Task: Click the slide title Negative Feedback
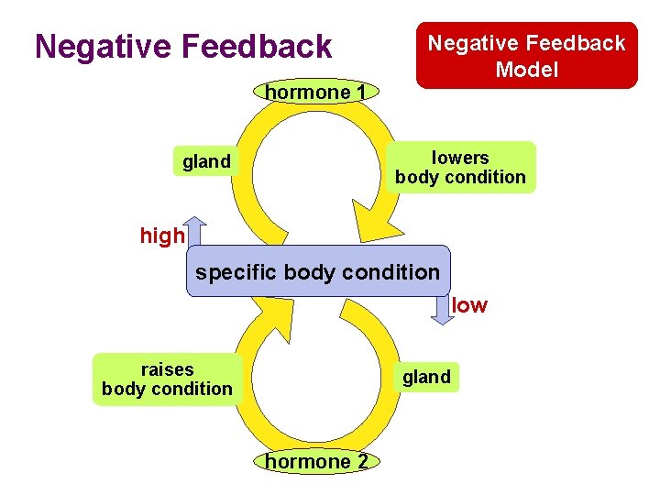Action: tap(183, 46)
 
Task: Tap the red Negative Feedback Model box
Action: tap(526, 55)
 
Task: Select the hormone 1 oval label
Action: tap(315, 92)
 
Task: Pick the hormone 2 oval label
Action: tap(316, 462)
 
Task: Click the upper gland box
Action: tap(206, 162)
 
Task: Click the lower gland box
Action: tap(426, 377)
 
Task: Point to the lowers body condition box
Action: tap(460, 167)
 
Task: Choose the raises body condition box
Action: tap(167, 379)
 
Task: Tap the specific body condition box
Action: tap(318, 271)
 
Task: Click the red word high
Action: tap(162, 236)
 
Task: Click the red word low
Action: tap(470, 305)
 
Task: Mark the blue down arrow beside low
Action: tap(443, 310)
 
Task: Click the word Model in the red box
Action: tap(526, 69)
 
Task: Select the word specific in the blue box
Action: tap(236, 272)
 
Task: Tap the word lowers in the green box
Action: tap(460, 158)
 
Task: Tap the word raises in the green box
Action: tap(167, 369)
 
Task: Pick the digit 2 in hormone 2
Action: tap(362, 462)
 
